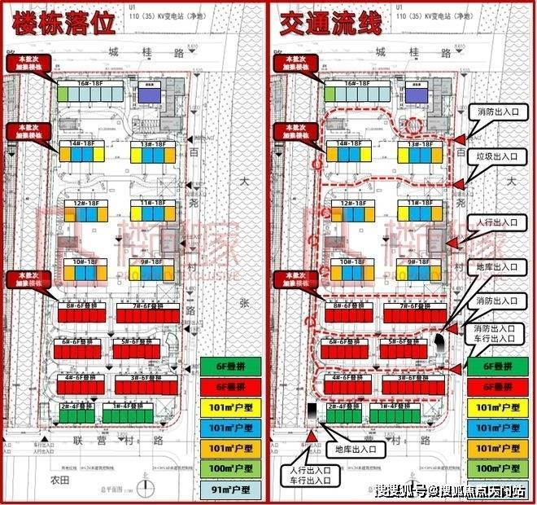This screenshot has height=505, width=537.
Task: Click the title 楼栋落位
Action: (61, 24)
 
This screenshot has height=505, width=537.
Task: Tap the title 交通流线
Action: (330, 24)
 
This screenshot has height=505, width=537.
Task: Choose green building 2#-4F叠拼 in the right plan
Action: (344, 412)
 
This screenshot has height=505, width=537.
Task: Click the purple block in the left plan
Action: (149, 95)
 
